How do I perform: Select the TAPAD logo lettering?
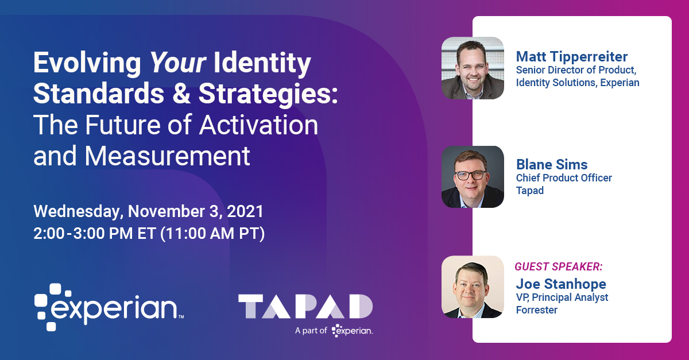click(x=305, y=307)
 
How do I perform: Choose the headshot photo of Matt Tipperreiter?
click(x=473, y=68)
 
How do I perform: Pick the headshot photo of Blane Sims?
click(x=473, y=176)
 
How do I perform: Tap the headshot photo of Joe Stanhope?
click(x=473, y=286)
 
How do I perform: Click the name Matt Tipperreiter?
click(x=572, y=56)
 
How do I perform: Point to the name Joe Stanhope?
click(x=561, y=284)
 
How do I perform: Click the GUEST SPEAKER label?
click(x=558, y=267)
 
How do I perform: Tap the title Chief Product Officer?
click(x=564, y=178)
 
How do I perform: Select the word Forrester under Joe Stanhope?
click(x=536, y=310)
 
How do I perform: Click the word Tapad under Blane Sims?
click(x=529, y=191)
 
